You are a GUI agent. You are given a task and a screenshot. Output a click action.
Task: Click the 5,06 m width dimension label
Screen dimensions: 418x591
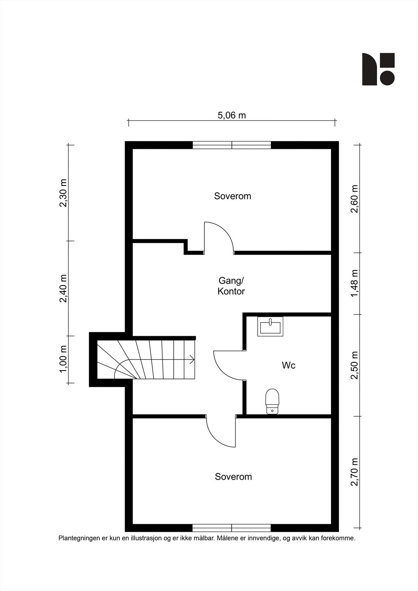click(232, 115)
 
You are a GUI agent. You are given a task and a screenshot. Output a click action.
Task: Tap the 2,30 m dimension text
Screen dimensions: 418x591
click(63, 193)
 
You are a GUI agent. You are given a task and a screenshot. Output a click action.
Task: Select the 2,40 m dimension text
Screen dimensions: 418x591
click(63, 288)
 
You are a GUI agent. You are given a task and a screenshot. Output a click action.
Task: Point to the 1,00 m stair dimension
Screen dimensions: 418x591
click(63, 359)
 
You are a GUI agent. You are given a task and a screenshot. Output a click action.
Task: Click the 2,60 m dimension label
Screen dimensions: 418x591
click(354, 199)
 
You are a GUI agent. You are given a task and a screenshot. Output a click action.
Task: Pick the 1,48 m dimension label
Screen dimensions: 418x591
click(354, 283)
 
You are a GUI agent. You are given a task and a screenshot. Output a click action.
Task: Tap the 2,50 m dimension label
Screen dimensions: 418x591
click(354, 365)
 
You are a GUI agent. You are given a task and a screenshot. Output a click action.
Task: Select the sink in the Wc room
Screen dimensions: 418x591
click(270, 327)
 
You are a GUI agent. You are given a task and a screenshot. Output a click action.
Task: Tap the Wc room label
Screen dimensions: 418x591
click(289, 365)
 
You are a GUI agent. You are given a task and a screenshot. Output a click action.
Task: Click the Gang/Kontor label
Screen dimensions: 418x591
click(231, 286)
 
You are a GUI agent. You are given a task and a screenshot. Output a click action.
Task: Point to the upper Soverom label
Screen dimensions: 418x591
click(232, 196)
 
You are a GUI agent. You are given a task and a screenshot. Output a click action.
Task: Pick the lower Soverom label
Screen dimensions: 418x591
click(234, 476)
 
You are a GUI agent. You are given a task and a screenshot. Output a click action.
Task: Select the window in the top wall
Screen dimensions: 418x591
click(232, 145)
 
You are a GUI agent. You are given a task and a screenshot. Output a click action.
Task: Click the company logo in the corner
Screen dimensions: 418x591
click(378, 69)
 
